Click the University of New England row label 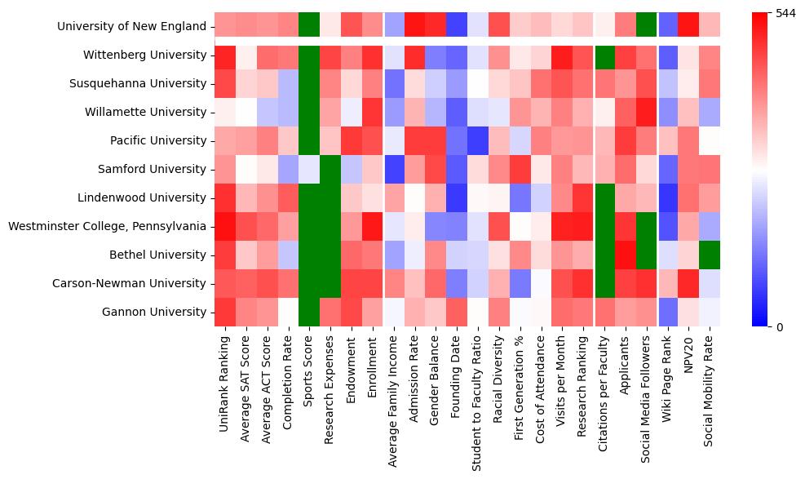click(x=131, y=26)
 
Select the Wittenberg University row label click(x=144, y=55)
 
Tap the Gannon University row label click(x=153, y=312)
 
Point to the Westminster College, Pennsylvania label click(x=107, y=226)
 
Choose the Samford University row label click(x=151, y=169)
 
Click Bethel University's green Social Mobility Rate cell click(x=711, y=255)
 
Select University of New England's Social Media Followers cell click(x=648, y=26)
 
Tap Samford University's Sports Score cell click(x=309, y=169)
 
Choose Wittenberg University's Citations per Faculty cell click(x=605, y=55)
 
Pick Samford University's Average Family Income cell click(x=394, y=169)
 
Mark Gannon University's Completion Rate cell click(x=288, y=312)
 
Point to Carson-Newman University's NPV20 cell click(x=690, y=283)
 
